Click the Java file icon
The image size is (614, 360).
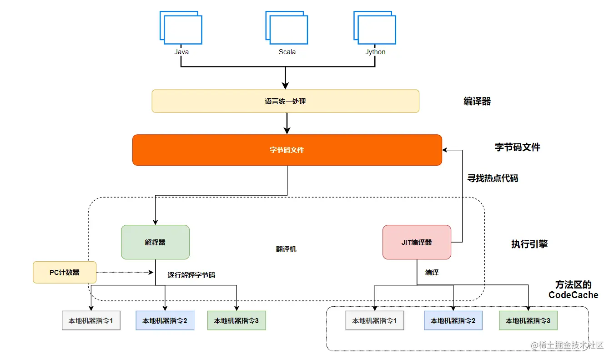coord(181,29)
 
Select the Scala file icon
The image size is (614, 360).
coord(287,29)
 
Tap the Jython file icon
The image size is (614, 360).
coord(375,29)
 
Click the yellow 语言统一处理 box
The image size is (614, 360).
coord(285,101)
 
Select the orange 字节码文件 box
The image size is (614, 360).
coord(287,150)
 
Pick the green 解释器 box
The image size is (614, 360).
coord(155,242)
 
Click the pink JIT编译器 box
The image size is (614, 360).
coord(417,242)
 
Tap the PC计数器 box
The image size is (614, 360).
coord(65,272)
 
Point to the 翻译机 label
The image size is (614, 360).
coord(286,249)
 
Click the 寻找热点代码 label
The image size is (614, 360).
coord(493,178)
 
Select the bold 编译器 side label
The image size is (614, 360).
coord(477,101)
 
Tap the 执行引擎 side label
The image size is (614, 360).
coord(529,244)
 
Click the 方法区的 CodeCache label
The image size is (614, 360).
coord(573,290)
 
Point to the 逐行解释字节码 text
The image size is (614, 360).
coord(191,275)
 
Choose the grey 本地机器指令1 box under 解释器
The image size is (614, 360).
coord(91,320)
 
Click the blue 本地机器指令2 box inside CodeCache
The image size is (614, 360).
coord(453,320)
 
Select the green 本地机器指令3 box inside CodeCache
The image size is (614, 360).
coord(528,320)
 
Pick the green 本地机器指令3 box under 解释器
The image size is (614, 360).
coord(237,320)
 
